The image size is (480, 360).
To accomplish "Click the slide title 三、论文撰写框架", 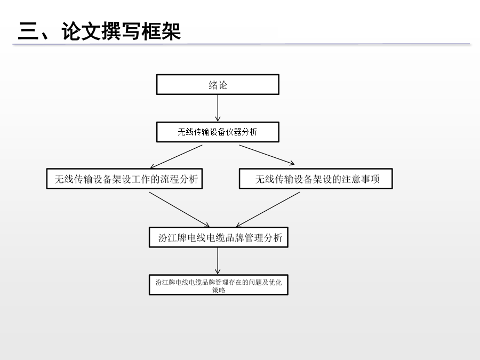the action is pos(100,31).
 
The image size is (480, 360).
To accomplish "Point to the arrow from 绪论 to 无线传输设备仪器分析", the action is pos(218,108).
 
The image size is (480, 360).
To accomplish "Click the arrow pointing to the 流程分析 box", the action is pos(176,157).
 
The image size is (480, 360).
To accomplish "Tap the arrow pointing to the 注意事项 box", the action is pos(267,155).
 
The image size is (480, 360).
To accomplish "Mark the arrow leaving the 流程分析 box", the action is pos(179,210).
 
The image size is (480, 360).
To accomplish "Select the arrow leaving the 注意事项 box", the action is pos(268,210).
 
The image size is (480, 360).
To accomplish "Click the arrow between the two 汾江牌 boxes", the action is pos(218,261).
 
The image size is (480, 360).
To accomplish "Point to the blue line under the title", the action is pos(241,44).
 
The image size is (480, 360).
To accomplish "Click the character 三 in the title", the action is pos(28,31).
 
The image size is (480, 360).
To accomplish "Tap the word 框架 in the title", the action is pos(161,31).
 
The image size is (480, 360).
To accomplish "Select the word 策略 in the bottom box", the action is pos(219,290).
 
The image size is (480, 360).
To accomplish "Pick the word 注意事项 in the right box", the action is pos(361,179).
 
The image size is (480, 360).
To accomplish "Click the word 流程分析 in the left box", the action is pos(179,179).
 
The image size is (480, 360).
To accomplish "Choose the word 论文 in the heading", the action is pos(81,31).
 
